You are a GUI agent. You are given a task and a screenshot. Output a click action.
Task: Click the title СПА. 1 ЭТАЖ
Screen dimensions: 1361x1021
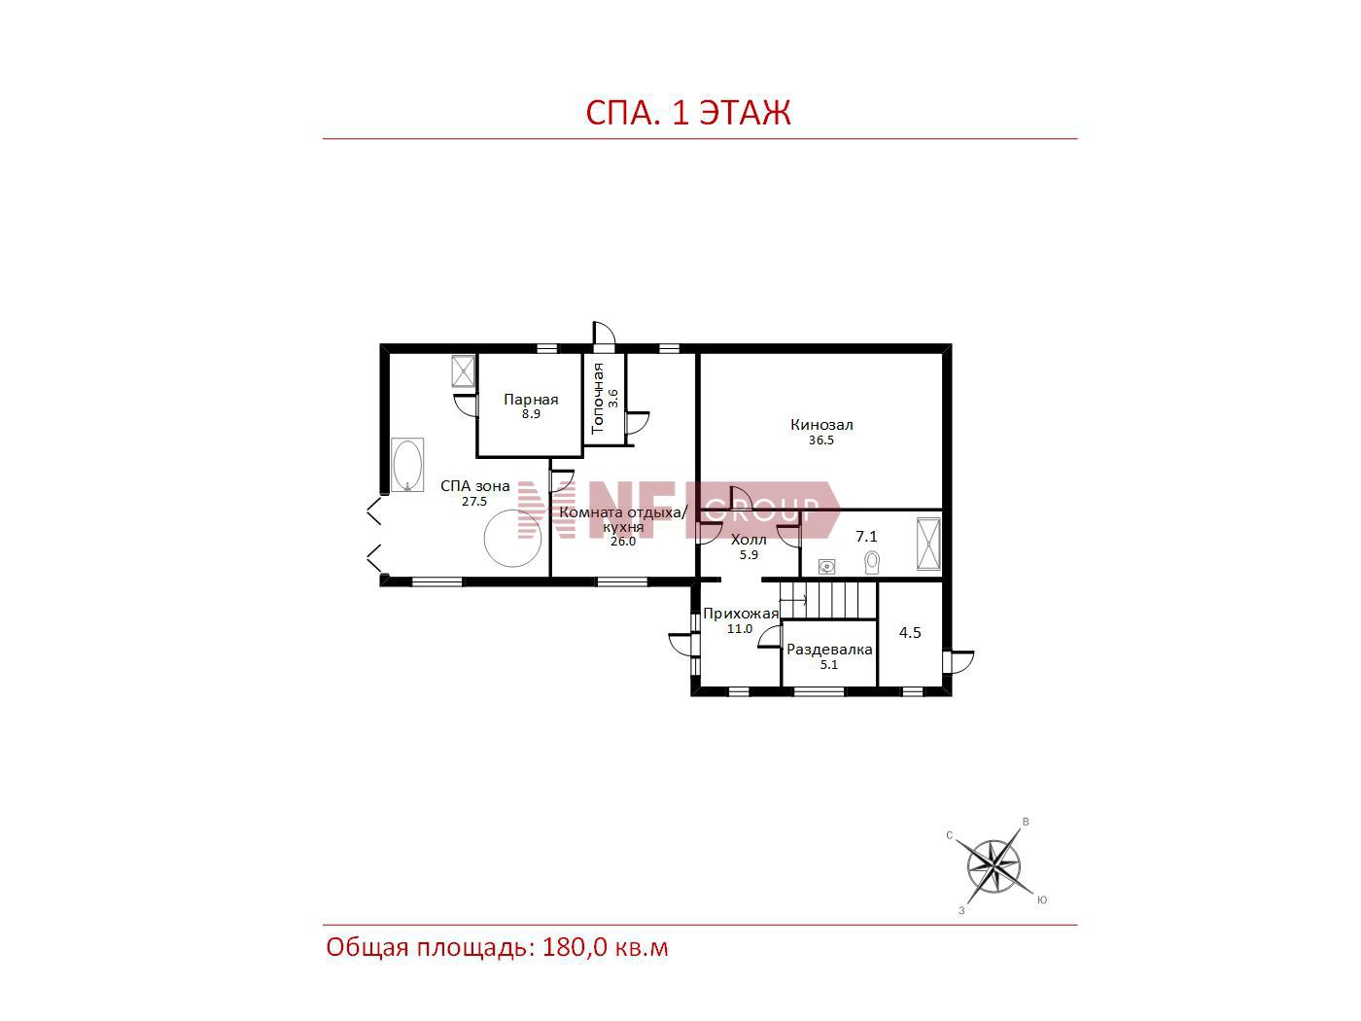pyautogui.click(x=687, y=113)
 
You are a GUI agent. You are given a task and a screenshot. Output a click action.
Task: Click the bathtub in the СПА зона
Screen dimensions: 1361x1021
pyautogui.click(x=407, y=465)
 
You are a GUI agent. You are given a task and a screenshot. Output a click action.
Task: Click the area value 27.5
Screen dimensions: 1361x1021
pyautogui.click(x=474, y=502)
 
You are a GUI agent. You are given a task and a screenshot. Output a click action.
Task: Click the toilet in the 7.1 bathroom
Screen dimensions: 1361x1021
pyautogui.click(x=872, y=562)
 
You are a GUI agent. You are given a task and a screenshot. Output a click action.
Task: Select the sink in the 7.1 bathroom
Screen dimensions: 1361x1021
pyautogui.click(x=826, y=566)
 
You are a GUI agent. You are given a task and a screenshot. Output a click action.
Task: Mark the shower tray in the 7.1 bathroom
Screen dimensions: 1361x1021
pyautogui.click(x=928, y=544)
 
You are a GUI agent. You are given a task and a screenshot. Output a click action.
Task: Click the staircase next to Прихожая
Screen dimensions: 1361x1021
pyautogui.click(x=828, y=600)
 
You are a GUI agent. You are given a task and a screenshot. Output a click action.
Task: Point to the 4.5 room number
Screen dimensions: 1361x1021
pyautogui.click(x=910, y=632)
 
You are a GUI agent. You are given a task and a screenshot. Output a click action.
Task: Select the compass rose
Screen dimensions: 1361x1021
pyautogui.click(x=994, y=866)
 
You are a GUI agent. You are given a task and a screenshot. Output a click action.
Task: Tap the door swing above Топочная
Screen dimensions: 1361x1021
pyautogui.click(x=604, y=333)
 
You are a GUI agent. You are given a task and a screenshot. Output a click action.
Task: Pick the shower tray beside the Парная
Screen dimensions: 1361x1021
pyautogui.click(x=463, y=370)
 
